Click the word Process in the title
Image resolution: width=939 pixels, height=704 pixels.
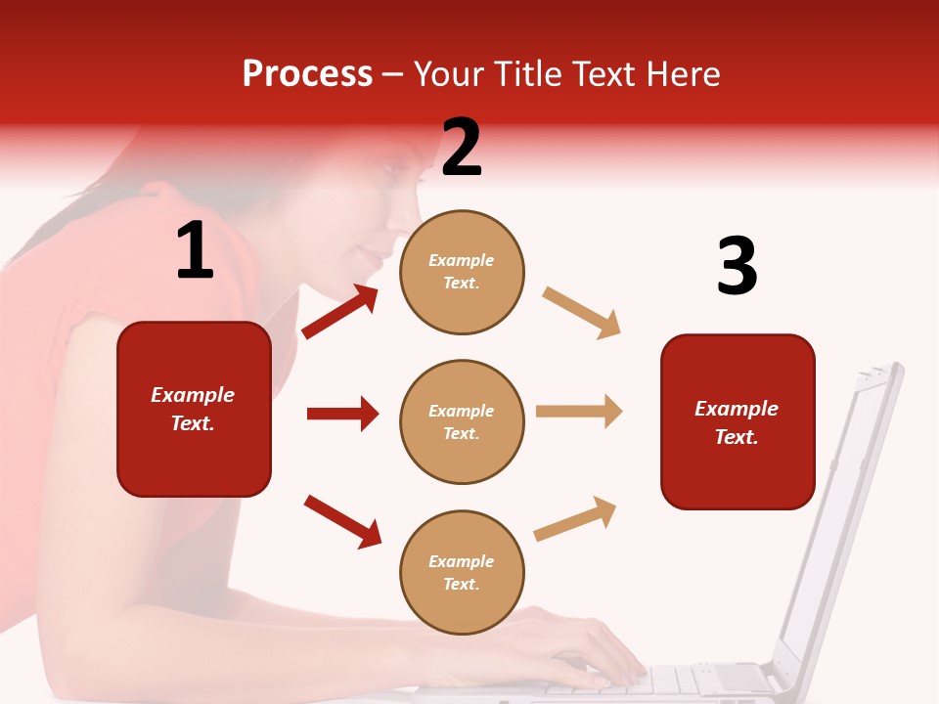pos(307,74)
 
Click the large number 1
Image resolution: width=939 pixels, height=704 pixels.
pos(195,251)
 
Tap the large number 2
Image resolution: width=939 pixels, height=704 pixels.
pos(462,148)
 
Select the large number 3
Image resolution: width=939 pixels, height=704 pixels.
pos(737,267)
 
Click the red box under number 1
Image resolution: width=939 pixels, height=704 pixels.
pos(194,409)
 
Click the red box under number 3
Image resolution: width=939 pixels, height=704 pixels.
pos(738,421)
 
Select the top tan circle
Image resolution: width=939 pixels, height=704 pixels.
pos(462,272)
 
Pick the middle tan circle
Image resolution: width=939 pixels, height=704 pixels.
pos(462,421)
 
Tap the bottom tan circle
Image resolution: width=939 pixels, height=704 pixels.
pos(462,572)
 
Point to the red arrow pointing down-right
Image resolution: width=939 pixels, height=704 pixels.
pos(343,521)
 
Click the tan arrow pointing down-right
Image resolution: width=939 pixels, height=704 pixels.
pos(581,313)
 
